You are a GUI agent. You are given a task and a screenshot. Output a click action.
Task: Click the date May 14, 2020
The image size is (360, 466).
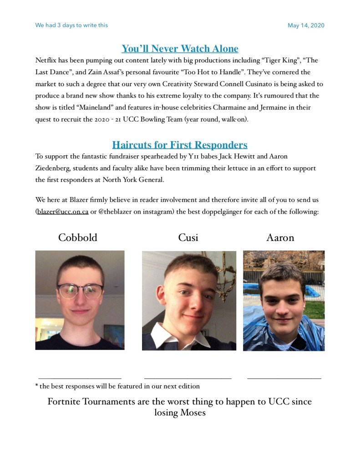pyautogui.click(x=306, y=26)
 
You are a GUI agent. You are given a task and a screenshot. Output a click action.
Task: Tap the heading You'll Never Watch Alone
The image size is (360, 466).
pyautogui.click(x=180, y=49)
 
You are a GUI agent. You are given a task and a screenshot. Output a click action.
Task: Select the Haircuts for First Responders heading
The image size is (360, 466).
pyautogui.click(x=180, y=145)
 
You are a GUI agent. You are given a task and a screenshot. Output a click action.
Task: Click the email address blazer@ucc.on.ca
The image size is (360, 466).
pyautogui.click(x=62, y=212)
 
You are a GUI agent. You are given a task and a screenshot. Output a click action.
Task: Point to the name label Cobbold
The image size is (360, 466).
pyautogui.click(x=77, y=238)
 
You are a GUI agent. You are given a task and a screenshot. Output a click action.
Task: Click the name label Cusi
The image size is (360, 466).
pyautogui.click(x=188, y=238)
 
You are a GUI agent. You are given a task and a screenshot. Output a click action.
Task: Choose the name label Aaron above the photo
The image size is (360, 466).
pyautogui.click(x=280, y=238)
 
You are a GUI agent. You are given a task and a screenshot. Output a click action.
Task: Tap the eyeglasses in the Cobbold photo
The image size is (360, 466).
pyautogui.click(x=80, y=290)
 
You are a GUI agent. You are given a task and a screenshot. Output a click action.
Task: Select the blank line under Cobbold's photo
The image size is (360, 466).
pyautogui.click(x=80, y=378)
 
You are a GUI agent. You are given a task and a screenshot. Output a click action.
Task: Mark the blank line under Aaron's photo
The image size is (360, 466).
pyautogui.click(x=284, y=378)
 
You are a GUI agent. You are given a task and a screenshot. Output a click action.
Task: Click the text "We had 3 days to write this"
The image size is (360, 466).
pyautogui.click(x=71, y=26)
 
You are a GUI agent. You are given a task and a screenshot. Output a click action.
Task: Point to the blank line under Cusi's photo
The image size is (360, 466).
pyautogui.click(x=188, y=378)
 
